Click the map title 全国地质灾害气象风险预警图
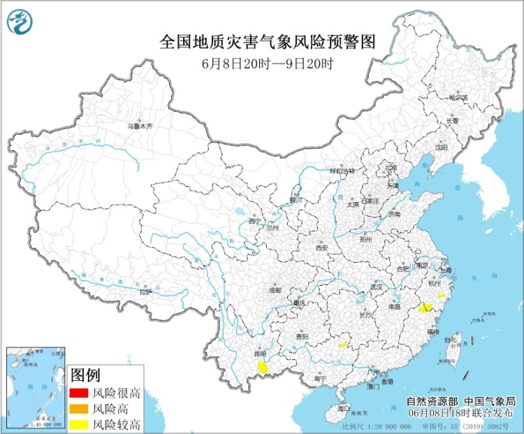268,43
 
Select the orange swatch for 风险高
80,409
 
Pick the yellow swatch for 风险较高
80,424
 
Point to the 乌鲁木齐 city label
139,126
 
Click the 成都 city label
274,289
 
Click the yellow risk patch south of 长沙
342,343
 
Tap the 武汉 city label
378,287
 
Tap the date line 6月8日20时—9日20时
268,63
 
